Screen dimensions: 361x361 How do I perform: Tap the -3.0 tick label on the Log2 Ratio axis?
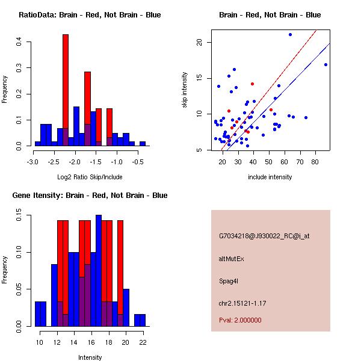[34, 162]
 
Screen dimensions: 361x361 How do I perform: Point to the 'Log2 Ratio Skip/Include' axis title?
[90, 177]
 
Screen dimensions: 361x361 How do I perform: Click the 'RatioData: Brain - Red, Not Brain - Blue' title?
[90, 15]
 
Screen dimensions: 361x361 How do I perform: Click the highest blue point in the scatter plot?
[290, 34]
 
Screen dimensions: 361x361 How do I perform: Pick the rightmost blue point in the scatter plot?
[326, 64]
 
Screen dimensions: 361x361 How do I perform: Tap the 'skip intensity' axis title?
[185, 90]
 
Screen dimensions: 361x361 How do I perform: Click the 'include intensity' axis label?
[270, 177]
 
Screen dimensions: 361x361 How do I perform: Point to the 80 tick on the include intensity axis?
[315, 162]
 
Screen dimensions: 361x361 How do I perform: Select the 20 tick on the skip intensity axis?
[199, 42]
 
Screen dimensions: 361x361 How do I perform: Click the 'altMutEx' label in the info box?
[232, 259]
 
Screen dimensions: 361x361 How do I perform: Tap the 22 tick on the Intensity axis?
[143, 342]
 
